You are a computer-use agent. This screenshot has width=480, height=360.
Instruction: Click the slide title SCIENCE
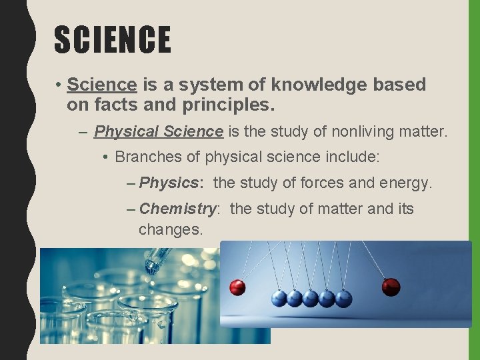pyautogui.click(x=112, y=39)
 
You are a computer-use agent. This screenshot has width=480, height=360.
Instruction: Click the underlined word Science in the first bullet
pyautogui.click(x=102, y=85)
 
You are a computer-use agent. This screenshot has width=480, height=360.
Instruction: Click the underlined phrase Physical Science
pyautogui.click(x=159, y=131)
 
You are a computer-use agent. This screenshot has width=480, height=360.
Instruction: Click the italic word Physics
pyautogui.click(x=169, y=182)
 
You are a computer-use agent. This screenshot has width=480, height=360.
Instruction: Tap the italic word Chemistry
pyautogui.click(x=178, y=209)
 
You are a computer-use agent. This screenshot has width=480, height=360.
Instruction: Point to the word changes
pyautogui.click(x=170, y=229)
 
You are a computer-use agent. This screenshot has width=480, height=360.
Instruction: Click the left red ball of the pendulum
pyautogui.click(x=237, y=287)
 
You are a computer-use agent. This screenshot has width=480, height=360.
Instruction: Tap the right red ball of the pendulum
pyautogui.click(x=391, y=287)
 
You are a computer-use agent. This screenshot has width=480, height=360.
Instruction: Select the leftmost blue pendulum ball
pyautogui.click(x=279, y=298)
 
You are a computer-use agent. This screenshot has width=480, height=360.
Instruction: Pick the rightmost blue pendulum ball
pyautogui.click(x=343, y=298)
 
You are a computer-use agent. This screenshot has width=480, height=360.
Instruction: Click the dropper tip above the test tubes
pyautogui.click(x=151, y=267)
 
